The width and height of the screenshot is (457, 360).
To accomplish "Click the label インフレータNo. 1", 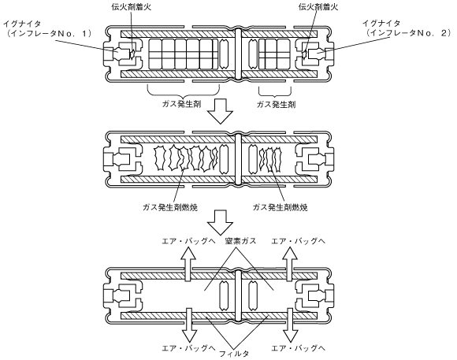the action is pos(50,33).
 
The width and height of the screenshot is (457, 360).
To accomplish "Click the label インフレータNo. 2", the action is pos(409,33).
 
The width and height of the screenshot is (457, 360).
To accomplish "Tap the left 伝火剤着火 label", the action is pos(131,7).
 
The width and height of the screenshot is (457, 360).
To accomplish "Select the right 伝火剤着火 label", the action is pos(318,7).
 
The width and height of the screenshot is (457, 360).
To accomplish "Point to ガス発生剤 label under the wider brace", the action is pos(181,104).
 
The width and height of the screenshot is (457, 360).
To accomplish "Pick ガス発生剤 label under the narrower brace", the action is pos(276,104).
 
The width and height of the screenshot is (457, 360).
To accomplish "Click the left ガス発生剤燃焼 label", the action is pos(170,207).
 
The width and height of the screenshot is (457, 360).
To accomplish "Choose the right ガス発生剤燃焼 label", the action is pos(280,207).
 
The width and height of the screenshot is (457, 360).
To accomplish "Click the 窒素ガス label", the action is pos(240,241).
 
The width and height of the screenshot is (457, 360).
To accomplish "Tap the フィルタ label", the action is pos(234,354).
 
